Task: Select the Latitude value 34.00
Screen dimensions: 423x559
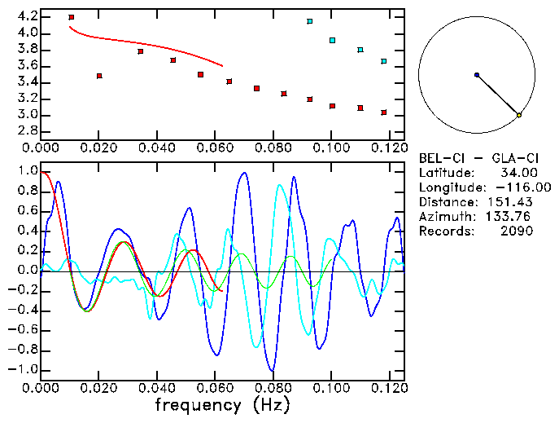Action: pyautogui.click(x=513, y=173)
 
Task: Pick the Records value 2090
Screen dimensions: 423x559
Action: pyautogui.click(x=517, y=231)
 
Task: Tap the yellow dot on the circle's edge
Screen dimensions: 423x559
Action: pyautogui.click(x=519, y=116)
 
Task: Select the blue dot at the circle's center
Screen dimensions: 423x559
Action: pyautogui.click(x=477, y=75)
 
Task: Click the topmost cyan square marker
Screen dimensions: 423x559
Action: pyautogui.click(x=310, y=21)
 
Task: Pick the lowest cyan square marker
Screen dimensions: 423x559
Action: pyautogui.click(x=384, y=62)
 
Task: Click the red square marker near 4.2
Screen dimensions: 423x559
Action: pyautogui.click(x=72, y=17)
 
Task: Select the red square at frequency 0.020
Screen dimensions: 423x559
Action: pyautogui.click(x=99, y=76)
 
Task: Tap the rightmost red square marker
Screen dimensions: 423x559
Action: pyautogui.click(x=384, y=112)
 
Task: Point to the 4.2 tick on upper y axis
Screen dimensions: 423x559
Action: pyautogui.click(x=27, y=16)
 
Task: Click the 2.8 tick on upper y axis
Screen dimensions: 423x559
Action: pyautogui.click(x=27, y=130)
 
